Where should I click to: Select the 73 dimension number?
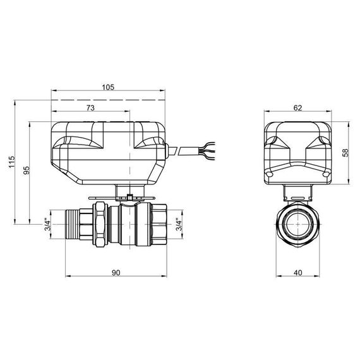coord(90,109)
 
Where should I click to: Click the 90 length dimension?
coord(116,272)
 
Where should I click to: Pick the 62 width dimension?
coord(297,107)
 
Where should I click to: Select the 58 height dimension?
coord(345,154)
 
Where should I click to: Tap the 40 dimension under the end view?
coord(297,272)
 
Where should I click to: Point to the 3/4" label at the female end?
coord(179,224)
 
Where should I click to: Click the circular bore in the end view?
coord(297,224)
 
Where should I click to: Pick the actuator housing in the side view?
coord(107,152)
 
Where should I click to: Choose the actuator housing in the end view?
coord(297,152)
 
